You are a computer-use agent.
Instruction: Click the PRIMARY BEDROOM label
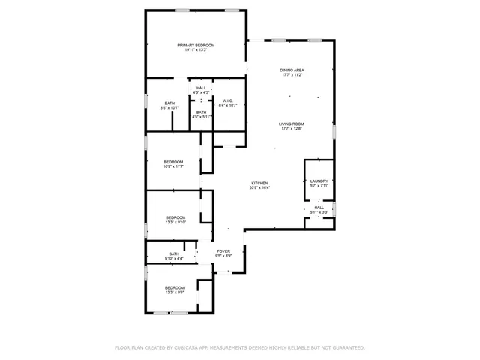pos(196,46)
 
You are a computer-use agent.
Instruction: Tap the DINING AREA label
pos(292,70)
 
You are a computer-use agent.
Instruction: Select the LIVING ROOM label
pos(292,124)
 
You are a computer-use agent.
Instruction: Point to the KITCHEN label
pos(259,183)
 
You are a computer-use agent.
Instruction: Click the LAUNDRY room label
pos(319,181)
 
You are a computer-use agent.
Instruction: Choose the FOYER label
pos(223,250)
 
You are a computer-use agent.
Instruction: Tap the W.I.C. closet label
pos(227,100)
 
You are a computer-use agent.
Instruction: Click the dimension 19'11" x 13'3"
pos(196,51)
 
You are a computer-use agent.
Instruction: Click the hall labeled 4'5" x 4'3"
pos(201,88)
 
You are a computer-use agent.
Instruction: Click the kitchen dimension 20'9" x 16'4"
pos(259,188)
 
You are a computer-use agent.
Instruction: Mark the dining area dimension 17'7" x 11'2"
pos(292,75)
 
